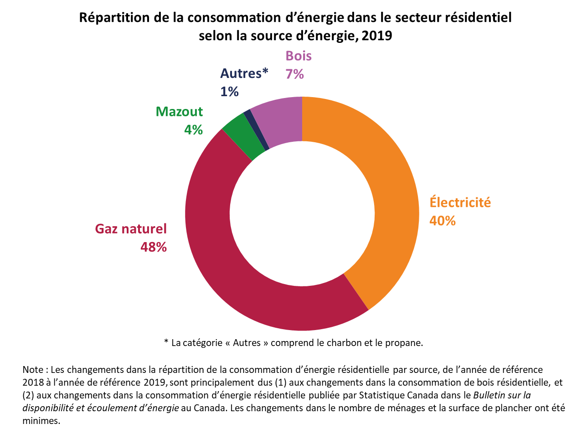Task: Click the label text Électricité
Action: click(460, 202)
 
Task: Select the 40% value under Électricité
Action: click(442, 221)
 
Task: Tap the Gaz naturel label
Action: click(131, 228)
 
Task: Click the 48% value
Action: click(154, 247)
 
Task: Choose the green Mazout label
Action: click(179, 112)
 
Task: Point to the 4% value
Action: click(193, 130)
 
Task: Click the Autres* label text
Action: click(244, 73)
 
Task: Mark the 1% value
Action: click(229, 92)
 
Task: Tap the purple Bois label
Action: click(299, 56)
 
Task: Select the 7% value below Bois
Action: click(294, 74)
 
